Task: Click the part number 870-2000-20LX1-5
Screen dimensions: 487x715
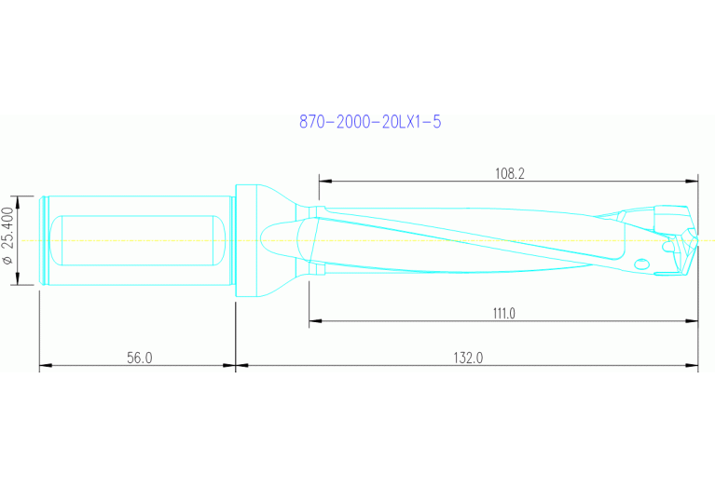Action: (x=369, y=122)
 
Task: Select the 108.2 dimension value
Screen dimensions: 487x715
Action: (x=509, y=172)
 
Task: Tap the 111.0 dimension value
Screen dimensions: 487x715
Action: (x=503, y=314)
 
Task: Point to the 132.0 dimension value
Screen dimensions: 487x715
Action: (x=467, y=358)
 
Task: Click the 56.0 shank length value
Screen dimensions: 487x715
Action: (x=138, y=358)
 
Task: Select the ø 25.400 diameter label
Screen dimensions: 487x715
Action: (x=8, y=237)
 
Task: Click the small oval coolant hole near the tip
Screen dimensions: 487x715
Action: (x=641, y=264)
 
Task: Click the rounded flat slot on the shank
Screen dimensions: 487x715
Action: (x=137, y=240)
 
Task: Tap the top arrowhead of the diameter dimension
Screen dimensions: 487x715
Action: (x=18, y=200)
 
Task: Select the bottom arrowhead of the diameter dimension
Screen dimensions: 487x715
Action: (x=18, y=282)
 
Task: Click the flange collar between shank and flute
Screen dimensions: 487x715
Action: (x=246, y=240)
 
